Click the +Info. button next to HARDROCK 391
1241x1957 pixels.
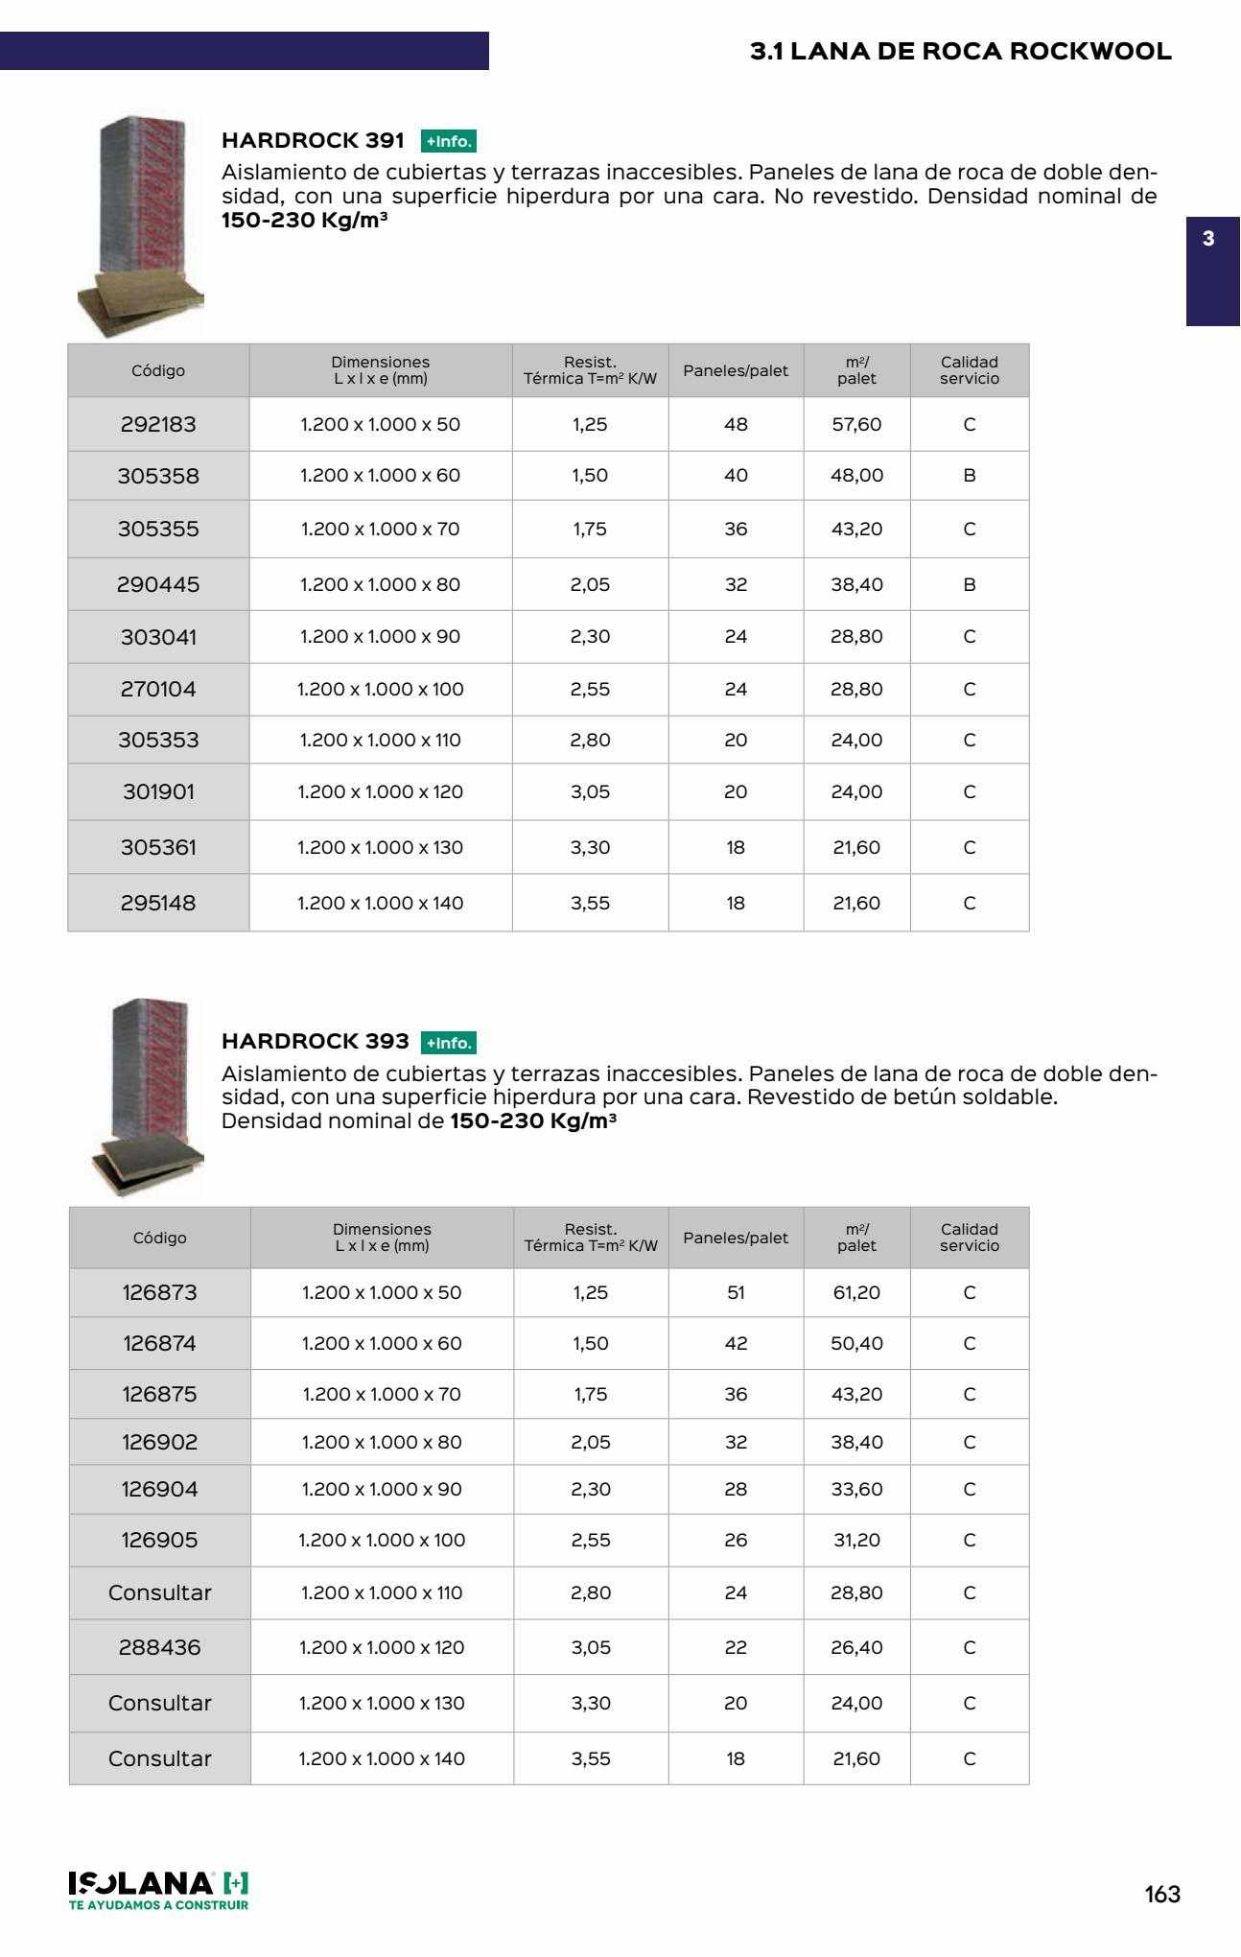pos(448,142)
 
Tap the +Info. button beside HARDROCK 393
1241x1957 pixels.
pos(448,1043)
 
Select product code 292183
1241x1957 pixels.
pos(158,424)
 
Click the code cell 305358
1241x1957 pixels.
pos(158,476)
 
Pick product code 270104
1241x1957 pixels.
pos(158,689)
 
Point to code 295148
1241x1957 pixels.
pos(158,903)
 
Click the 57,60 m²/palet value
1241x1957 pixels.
pos(856,424)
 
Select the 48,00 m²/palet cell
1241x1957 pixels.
pos(856,476)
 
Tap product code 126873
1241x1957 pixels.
pos(159,1292)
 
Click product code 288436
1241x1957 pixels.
pos(159,1647)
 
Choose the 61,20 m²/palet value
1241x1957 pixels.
pos(856,1292)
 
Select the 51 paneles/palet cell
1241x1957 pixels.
pos(736,1292)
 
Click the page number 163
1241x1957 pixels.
pos(1162,1894)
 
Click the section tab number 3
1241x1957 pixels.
pos(1208,239)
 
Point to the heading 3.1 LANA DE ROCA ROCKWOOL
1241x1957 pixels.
pos(960,52)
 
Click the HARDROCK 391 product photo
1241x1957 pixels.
pos(141,226)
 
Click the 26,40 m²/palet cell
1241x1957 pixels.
pos(856,1647)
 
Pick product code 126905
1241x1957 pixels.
pos(159,1540)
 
